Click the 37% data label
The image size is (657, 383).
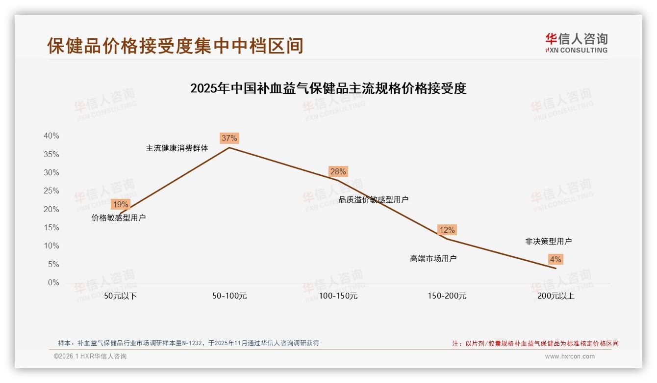coord(229,138)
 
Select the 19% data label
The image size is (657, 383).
coord(120,204)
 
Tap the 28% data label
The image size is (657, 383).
coord(338,171)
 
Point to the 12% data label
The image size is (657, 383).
coord(447,230)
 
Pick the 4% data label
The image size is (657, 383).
coord(556,259)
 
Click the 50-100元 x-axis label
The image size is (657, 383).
coord(229,296)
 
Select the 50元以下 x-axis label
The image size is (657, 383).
coord(120,296)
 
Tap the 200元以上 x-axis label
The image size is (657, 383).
coord(556,296)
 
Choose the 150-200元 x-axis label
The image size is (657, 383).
coord(447,296)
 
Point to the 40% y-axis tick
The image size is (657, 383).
coord(51,136)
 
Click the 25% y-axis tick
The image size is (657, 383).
coord(51,191)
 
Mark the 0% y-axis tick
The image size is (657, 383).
coord(53,283)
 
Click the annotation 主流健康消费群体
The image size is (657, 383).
coord(177,148)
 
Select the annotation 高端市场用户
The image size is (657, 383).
coord(433,258)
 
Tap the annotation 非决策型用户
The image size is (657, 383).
coord(548,241)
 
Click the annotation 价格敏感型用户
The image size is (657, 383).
coord(119,218)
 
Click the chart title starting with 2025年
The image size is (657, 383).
coord(328,88)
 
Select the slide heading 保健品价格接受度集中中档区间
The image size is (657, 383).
coord(175,46)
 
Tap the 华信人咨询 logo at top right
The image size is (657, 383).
coord(576,43)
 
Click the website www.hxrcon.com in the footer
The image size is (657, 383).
coord(569,356)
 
